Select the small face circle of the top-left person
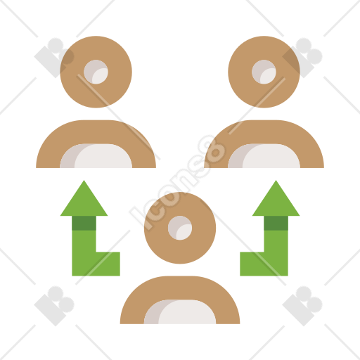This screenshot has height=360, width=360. [x=96, y=72]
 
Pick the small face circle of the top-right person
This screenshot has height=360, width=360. [x=264, y=72]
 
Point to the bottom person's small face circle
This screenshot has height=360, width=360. [x=180, y=228]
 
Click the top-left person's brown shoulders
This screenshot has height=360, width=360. [x=96, y=131]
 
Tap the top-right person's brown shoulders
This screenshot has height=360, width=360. [x=264, y=131]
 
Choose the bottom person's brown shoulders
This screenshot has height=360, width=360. [x=180, y=288]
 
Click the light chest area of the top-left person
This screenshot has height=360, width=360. [x=96, y=156]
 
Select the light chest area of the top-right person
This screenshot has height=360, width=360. [x=264, y=156]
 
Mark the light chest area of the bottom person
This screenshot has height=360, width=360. [x=180, y=312]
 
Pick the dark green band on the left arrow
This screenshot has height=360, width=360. [x=84, y=223]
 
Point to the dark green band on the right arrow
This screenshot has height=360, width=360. [x=276, y=223]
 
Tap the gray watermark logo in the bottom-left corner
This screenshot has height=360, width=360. [x=54, y=306]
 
